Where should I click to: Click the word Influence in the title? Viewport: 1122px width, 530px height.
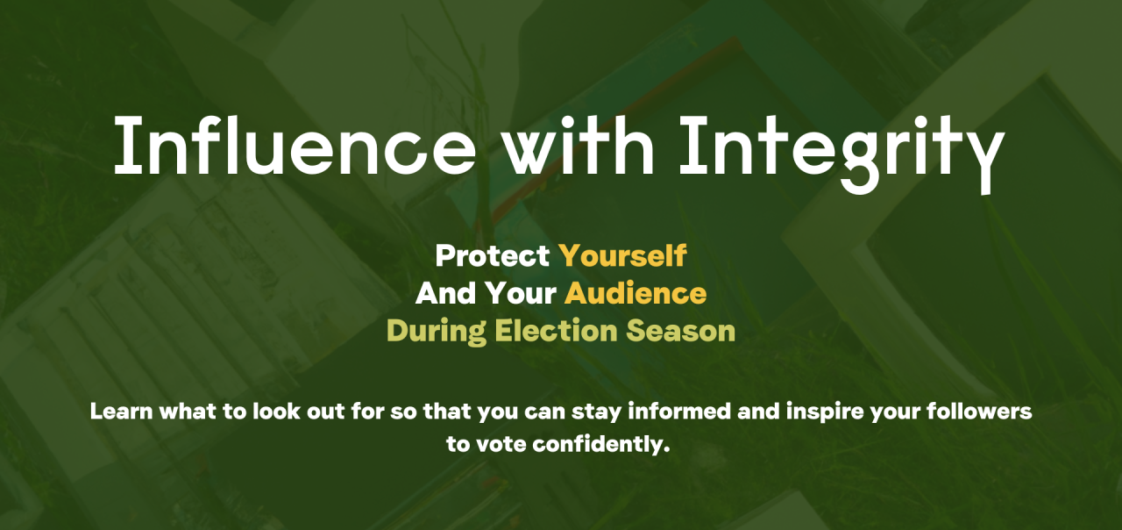[295, 145]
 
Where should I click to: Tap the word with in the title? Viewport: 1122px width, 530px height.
[579, 145]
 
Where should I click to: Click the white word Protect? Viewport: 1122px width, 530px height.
[493, 255]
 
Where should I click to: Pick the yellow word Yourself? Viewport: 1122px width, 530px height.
[622, 255]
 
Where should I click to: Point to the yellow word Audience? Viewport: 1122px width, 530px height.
[636, 293]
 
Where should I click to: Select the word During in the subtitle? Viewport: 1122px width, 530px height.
[437, 332]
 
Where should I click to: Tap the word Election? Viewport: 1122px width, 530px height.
[556, 331]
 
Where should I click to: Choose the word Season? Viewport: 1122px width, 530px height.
[681, 331]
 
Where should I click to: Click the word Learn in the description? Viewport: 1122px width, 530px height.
[121, 412]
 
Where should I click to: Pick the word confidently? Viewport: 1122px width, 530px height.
[601, 445]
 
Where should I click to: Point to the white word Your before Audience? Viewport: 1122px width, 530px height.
[521, 293]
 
